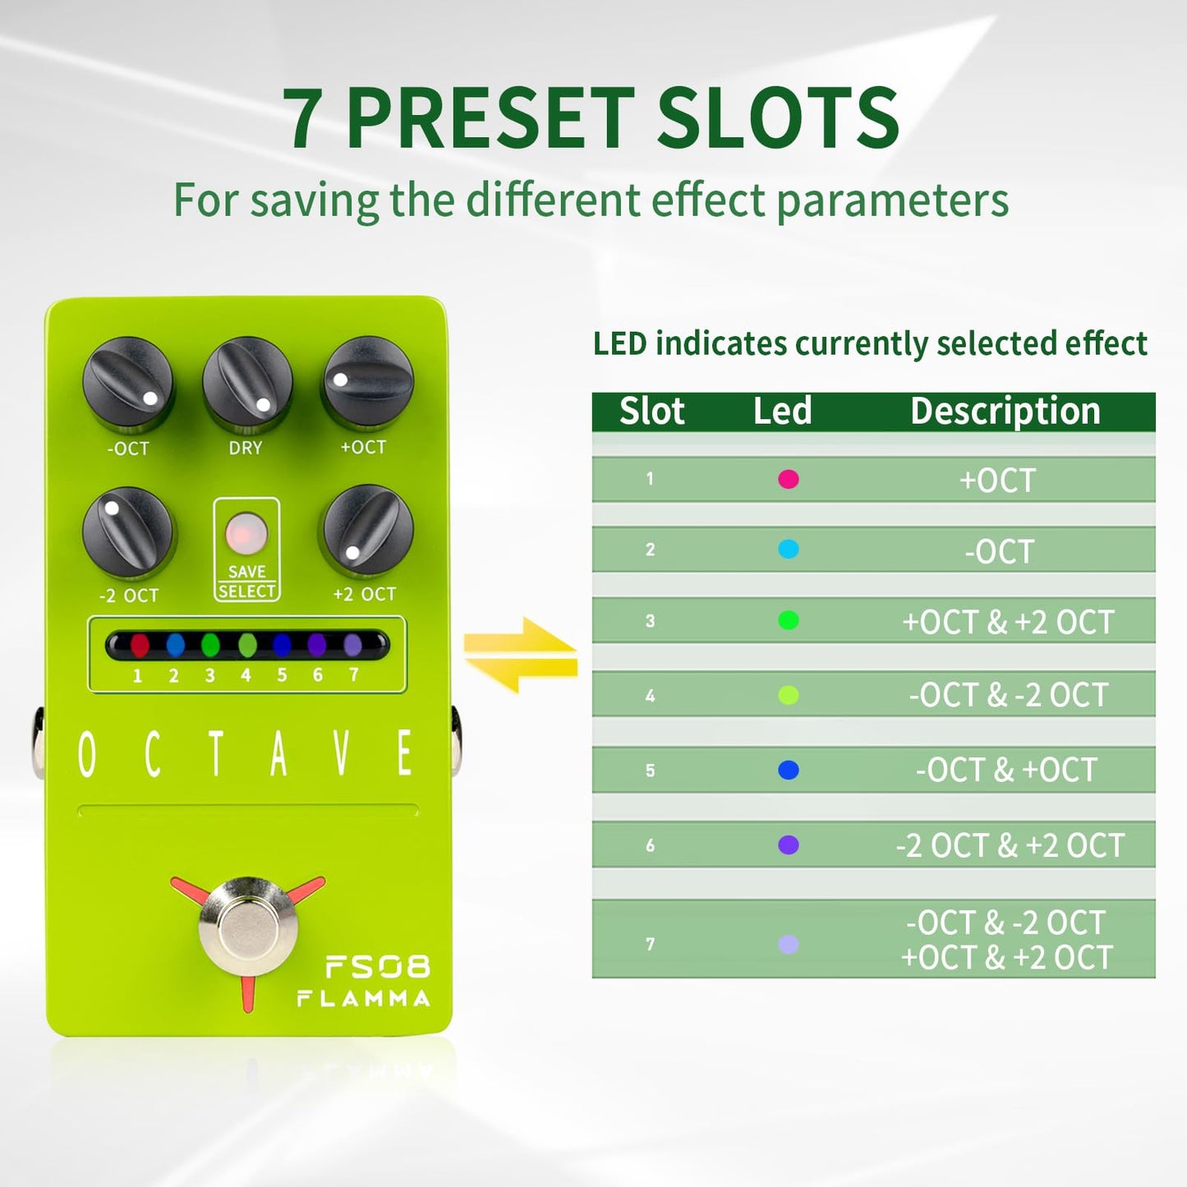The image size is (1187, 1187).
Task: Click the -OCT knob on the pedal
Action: click(128, 383)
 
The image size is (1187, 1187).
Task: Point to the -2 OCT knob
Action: click(128, 532)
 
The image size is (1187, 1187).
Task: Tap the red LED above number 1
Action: click(139, 645)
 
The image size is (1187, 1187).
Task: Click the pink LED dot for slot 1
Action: click(788, 479)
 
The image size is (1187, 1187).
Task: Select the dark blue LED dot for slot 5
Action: click(788, 770)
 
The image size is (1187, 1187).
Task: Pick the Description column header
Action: click(1005, 411)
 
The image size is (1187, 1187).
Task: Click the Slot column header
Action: click(651, 411)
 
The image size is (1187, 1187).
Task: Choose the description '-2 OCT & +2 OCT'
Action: click(1010, 845)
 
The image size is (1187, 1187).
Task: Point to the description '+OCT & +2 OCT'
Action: click(1008, 622)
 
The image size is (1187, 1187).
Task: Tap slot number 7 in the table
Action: click(651, 944)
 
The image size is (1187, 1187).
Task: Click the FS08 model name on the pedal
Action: click(377, 967)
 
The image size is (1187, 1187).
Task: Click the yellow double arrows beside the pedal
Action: click(520, 655)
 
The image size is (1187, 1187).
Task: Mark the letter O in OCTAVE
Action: click(87, 754)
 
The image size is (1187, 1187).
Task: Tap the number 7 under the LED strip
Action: click(353, 674)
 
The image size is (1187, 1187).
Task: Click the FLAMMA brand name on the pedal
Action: click(363, 999)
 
